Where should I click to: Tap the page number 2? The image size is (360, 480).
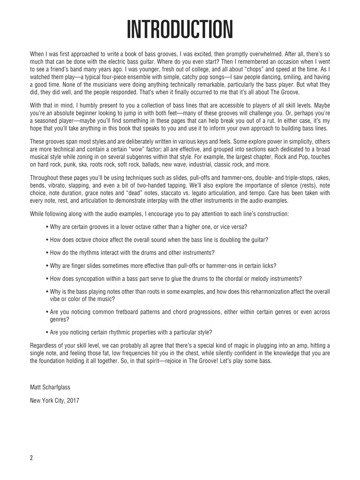pyautogui.click(x=32, y=458)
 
